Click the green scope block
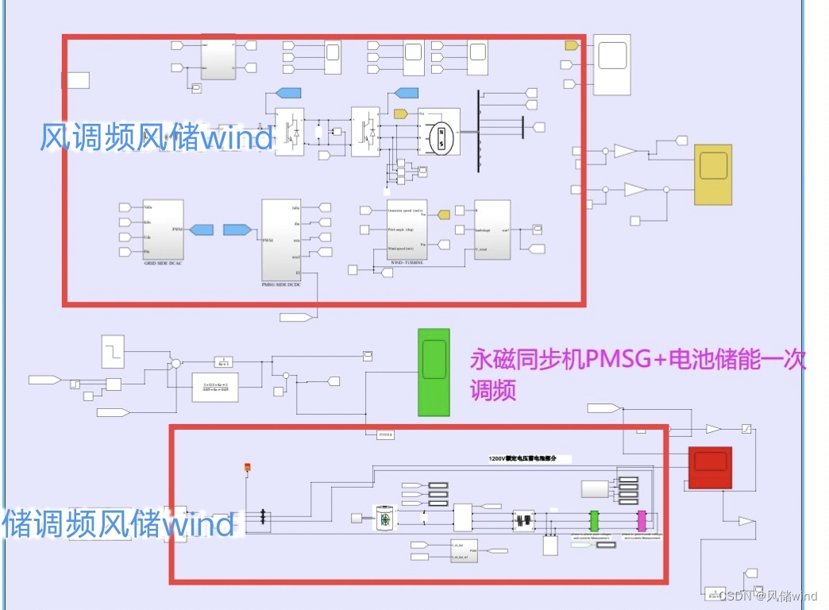click(x=434, y=371)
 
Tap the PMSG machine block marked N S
click(x=438, y=132)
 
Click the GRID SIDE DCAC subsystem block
click(x=164, y=230)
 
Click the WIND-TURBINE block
click(x=407, y=231)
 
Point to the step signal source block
click(x=113, y=351)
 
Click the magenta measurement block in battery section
click(x=642, y=520)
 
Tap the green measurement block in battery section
click(x=593, y=520)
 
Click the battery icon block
click(x=385, y=518)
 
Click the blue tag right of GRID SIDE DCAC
click(x=201, y=230)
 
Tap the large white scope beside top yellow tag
click(x=612, y=63)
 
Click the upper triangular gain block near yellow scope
click(x=627, y=151)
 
